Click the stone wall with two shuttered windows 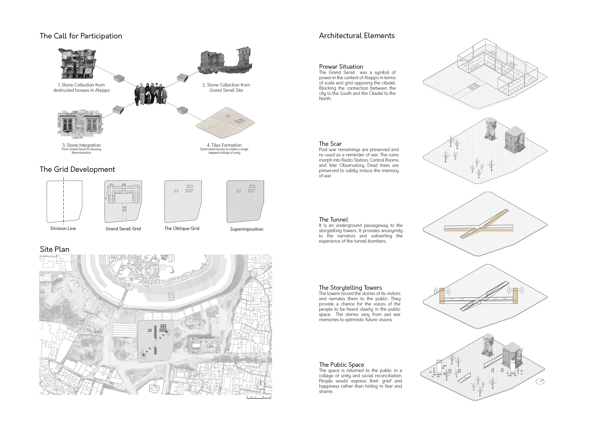click(x=80, y=125)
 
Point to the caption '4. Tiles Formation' click(x=224, y=145)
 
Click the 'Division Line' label click(x=63, y=228)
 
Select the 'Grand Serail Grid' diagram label click(x=123, y=229)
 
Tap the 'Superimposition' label click(x=246, y=229)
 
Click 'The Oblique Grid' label click(x=182, y=228)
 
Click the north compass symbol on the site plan click(x=261, y=385)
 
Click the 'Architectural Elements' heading click(x=357, y=36)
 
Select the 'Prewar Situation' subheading click(x=341, y=67)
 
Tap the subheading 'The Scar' click(x=330, y=144)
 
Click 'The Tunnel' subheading click(x=333, y=220)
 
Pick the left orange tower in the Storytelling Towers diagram click(x=442, y=296)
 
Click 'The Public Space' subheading click(x=341, y=365)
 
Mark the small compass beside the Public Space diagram click(x=540, y=381)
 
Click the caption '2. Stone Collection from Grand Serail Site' click(x=226, y=87)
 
